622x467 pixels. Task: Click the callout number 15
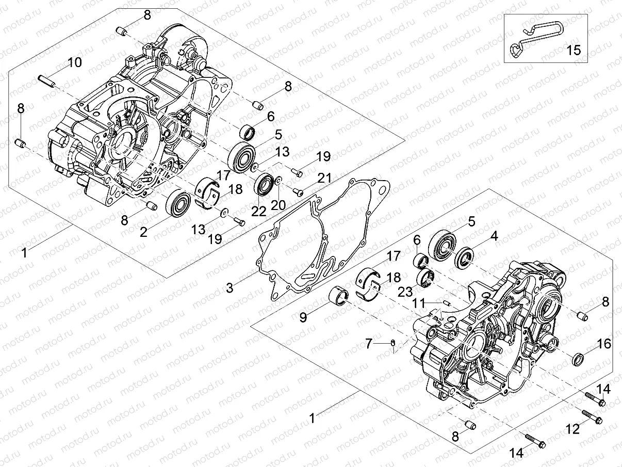click(x=574, y=50)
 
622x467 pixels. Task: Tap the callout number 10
click(x=74, y=63)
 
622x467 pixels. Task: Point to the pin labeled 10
click(x=47, y=81)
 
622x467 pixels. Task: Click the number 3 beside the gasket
click(x=230, y=287)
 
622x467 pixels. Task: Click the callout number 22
click(x=259, y=211)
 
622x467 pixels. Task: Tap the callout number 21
click(x=324, y=178)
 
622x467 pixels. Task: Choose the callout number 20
click(x=278, y=205)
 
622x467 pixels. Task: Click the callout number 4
click(x=494, y=237)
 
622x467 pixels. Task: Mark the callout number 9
click(x=303, y=317)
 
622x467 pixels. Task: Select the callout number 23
click(x=404, y=292)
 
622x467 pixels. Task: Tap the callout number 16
click(x=604, y=343)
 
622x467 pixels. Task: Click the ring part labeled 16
click(x=579, y=358)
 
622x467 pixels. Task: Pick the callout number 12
click(x=574, y=429)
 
